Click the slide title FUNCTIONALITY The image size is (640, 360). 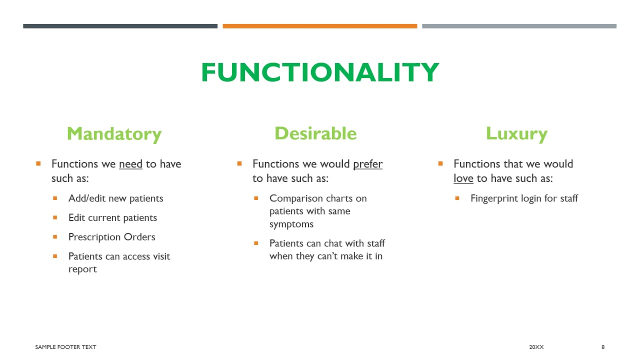pyautogui.click(x=320, y=72)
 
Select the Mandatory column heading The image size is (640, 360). pyautogui.click(x=114, y=134)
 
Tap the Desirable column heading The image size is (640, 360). pyautogui.click(x=315, y=133)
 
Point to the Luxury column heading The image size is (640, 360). pyautogui.click(x=516, y=133)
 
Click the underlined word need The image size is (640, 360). pyautogui.click(x=130, y=164)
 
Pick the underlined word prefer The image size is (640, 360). pyautogui.click(x=367, y=164)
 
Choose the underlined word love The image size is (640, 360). pyautogui.click(x=463, y=178)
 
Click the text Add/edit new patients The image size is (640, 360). pyautogui.click(x=115, y=198)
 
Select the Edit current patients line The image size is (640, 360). pyautogui.click(x=112, y=218)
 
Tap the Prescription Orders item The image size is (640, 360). pyautogui.click(x=111, y=237)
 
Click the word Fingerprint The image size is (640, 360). pyautogui.click(x=494, y=198)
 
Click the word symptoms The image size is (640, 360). pyautogui.click(x=291, y=224)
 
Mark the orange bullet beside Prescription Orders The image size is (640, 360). pyautogui.click(x=55, y=236)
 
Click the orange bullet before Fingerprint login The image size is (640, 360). pyautogui.click(x=457, y=198)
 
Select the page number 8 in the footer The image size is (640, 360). pyautogui.click(x=603, y=347)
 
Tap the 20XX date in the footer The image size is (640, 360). pyautogui.click(x=536, y=347)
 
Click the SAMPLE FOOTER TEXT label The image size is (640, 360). pyautogui.click(x=65, y=347)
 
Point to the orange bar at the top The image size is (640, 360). pyautogui.click(x=319, y=26)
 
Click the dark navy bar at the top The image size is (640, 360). pyautogui.click(x=120, y=26)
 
